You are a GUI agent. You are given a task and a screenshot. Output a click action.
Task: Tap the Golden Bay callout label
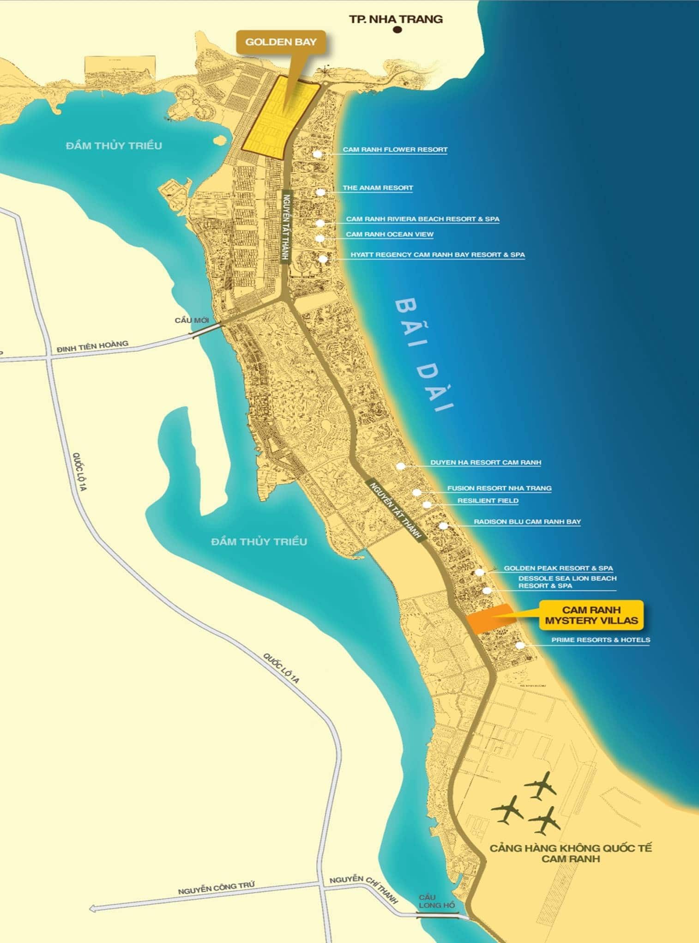click(x=281, y=42)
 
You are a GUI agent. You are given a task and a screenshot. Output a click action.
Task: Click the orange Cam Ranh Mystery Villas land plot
click(x=488, y=619)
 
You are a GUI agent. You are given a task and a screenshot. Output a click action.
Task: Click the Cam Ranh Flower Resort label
click(x=395, y=150)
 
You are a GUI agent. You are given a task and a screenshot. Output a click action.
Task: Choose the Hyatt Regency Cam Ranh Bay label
click(x=437, y=254)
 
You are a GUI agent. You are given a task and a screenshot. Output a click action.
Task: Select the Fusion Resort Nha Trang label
click(x=499, y=488)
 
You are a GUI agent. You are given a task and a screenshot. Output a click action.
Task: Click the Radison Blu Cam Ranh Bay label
click(x=527, y=522)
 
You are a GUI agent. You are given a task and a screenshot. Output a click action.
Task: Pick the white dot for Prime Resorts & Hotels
click(x=520, y=645)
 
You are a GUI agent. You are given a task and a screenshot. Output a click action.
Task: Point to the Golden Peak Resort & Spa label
click(x=558, y=568)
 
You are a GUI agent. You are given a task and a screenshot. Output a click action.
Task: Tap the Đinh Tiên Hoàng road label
click(x=92, y=347)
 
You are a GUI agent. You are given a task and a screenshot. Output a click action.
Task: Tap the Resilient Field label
click(x=488, y=501)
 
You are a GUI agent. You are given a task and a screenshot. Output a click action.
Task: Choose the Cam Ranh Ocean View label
click(x=390, y=234)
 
